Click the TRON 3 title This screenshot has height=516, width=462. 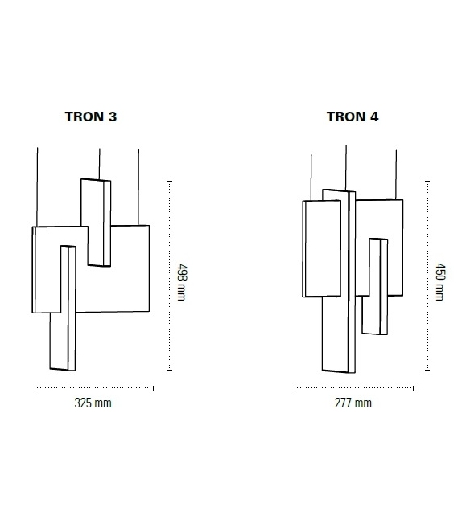[90, 117]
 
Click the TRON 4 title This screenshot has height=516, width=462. [352, 117]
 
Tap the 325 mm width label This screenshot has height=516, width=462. [93, 403]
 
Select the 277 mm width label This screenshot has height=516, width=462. [354, 403]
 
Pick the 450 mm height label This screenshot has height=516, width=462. [439, 282]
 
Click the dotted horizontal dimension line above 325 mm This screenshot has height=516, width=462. [93, 387]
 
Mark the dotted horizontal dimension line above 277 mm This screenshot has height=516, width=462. [354, 387]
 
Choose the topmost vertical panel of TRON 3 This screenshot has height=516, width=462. [95, 221]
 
